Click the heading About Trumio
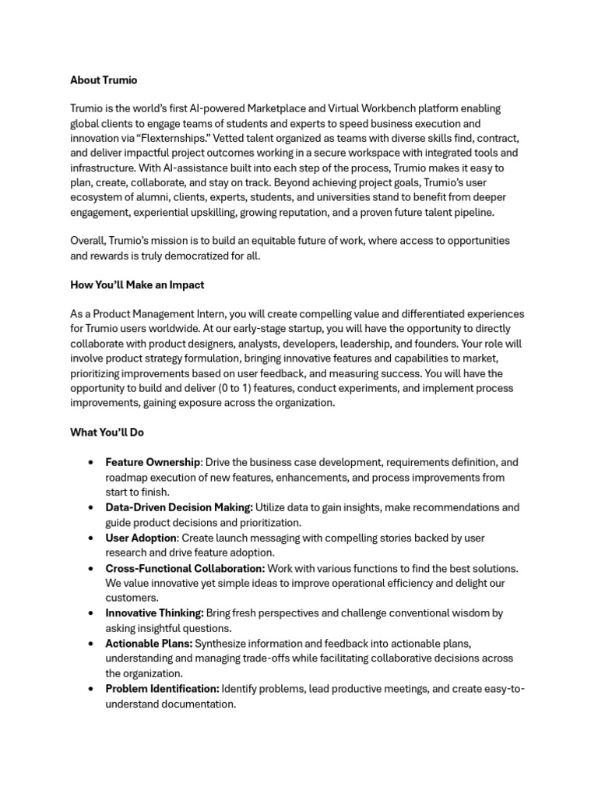[104, 79]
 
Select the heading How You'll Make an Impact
[137, 285]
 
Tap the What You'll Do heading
[107, 432]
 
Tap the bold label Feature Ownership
[153, 462]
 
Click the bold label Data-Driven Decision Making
[179, 507]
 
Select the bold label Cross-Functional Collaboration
[185, 568]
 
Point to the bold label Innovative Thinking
[154, 613]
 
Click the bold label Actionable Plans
[148, 644]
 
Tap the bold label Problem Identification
[162, 689]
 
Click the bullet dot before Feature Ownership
[93, 463]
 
